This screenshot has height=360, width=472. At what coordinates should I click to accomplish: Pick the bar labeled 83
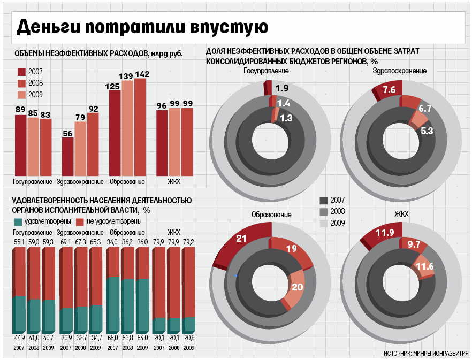pos(46,147)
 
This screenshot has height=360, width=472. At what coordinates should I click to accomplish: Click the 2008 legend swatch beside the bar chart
pos(22,83)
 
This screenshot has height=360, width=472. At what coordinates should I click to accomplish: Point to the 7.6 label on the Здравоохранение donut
pos(389,90)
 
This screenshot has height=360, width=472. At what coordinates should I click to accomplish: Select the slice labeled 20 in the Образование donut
pos(296,287)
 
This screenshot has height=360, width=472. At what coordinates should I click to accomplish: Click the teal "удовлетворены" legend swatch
pos(18,221)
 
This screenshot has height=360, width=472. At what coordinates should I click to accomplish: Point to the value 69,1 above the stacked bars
pos(66,242)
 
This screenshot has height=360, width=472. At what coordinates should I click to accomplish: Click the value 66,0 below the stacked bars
pos(113,338)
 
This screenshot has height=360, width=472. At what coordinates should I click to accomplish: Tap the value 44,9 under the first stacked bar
pos(19,338)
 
